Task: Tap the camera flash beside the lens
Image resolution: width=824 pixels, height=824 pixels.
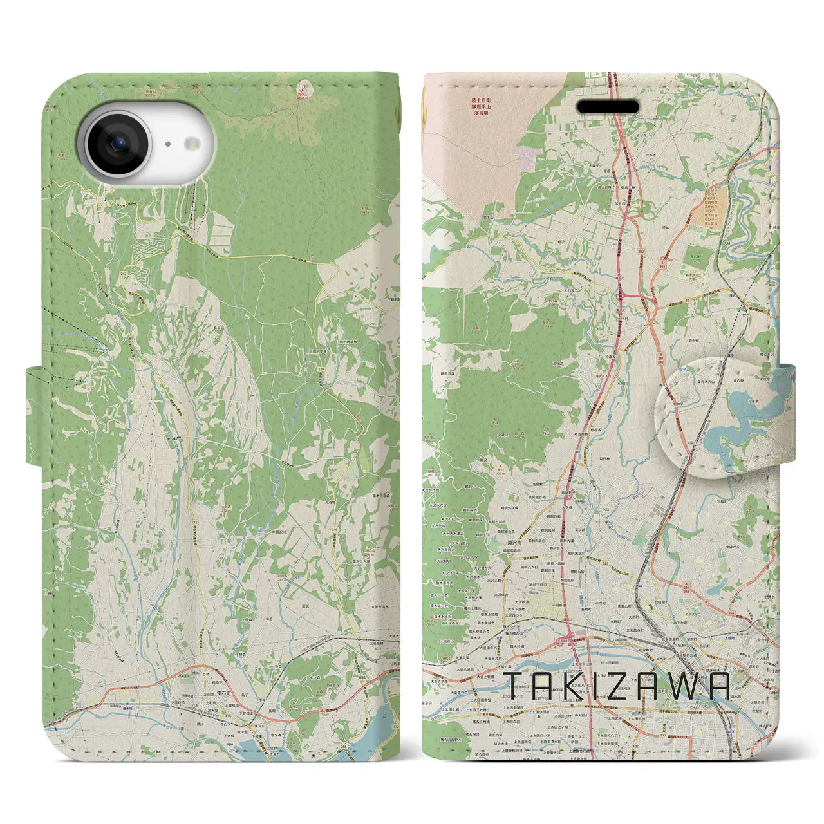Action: (x=192, y=144)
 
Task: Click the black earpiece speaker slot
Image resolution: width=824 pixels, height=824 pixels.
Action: (x=607, y=107)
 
